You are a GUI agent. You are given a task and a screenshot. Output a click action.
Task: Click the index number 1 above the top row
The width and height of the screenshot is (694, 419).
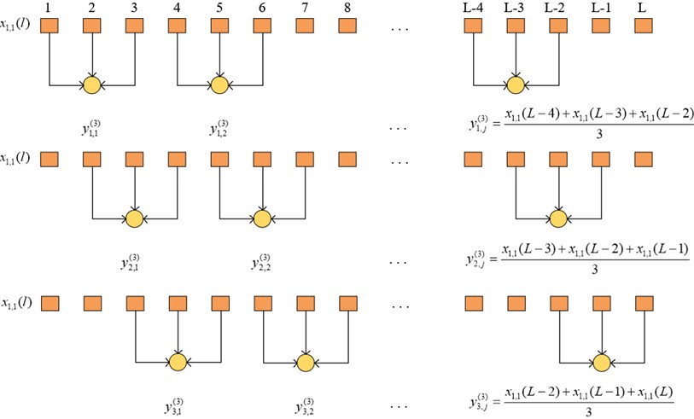(50, 8)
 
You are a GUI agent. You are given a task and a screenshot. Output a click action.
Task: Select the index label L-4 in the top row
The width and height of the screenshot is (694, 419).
(474, 8)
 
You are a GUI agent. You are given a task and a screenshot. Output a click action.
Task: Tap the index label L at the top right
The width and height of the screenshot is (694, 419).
(644, 8)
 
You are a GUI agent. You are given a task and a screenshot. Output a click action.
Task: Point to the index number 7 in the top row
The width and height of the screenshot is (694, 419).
(305, 8)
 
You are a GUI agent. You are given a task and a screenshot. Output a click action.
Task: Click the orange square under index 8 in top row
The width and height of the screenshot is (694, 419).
(347, 26)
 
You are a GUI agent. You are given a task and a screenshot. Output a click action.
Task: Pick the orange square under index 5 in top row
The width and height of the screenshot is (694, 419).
(220, 26)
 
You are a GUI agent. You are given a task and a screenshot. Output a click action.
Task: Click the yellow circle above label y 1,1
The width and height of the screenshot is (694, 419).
(92, 84)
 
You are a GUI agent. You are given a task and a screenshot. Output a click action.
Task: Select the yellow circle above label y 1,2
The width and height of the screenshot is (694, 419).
(220, 84)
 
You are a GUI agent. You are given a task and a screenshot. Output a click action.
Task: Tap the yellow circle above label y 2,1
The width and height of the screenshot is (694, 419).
(134, 218)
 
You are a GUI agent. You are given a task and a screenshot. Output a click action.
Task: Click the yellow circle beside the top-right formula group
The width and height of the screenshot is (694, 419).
(516, 84)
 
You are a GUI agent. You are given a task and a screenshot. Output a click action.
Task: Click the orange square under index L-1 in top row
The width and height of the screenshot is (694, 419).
(601, 26)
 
